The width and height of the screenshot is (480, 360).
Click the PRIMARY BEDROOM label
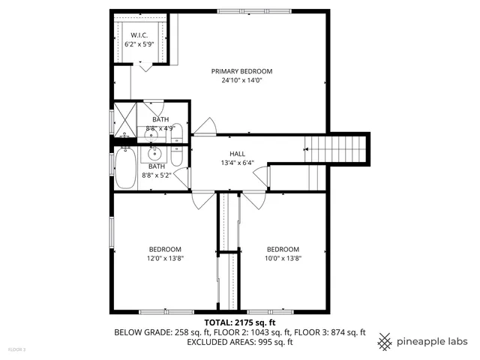click(x=241, y=71)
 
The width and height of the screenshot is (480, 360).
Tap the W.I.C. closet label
click(x=140, y=36)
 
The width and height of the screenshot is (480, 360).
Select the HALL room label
click(x=237, y=154)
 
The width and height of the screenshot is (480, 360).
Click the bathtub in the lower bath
click(x=124, y=169)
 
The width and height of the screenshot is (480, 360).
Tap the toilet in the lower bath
click(x=175, y=156)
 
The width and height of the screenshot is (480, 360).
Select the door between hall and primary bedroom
click(x=202, y=127)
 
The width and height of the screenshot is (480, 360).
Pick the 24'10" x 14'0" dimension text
click(x=241, y=80)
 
